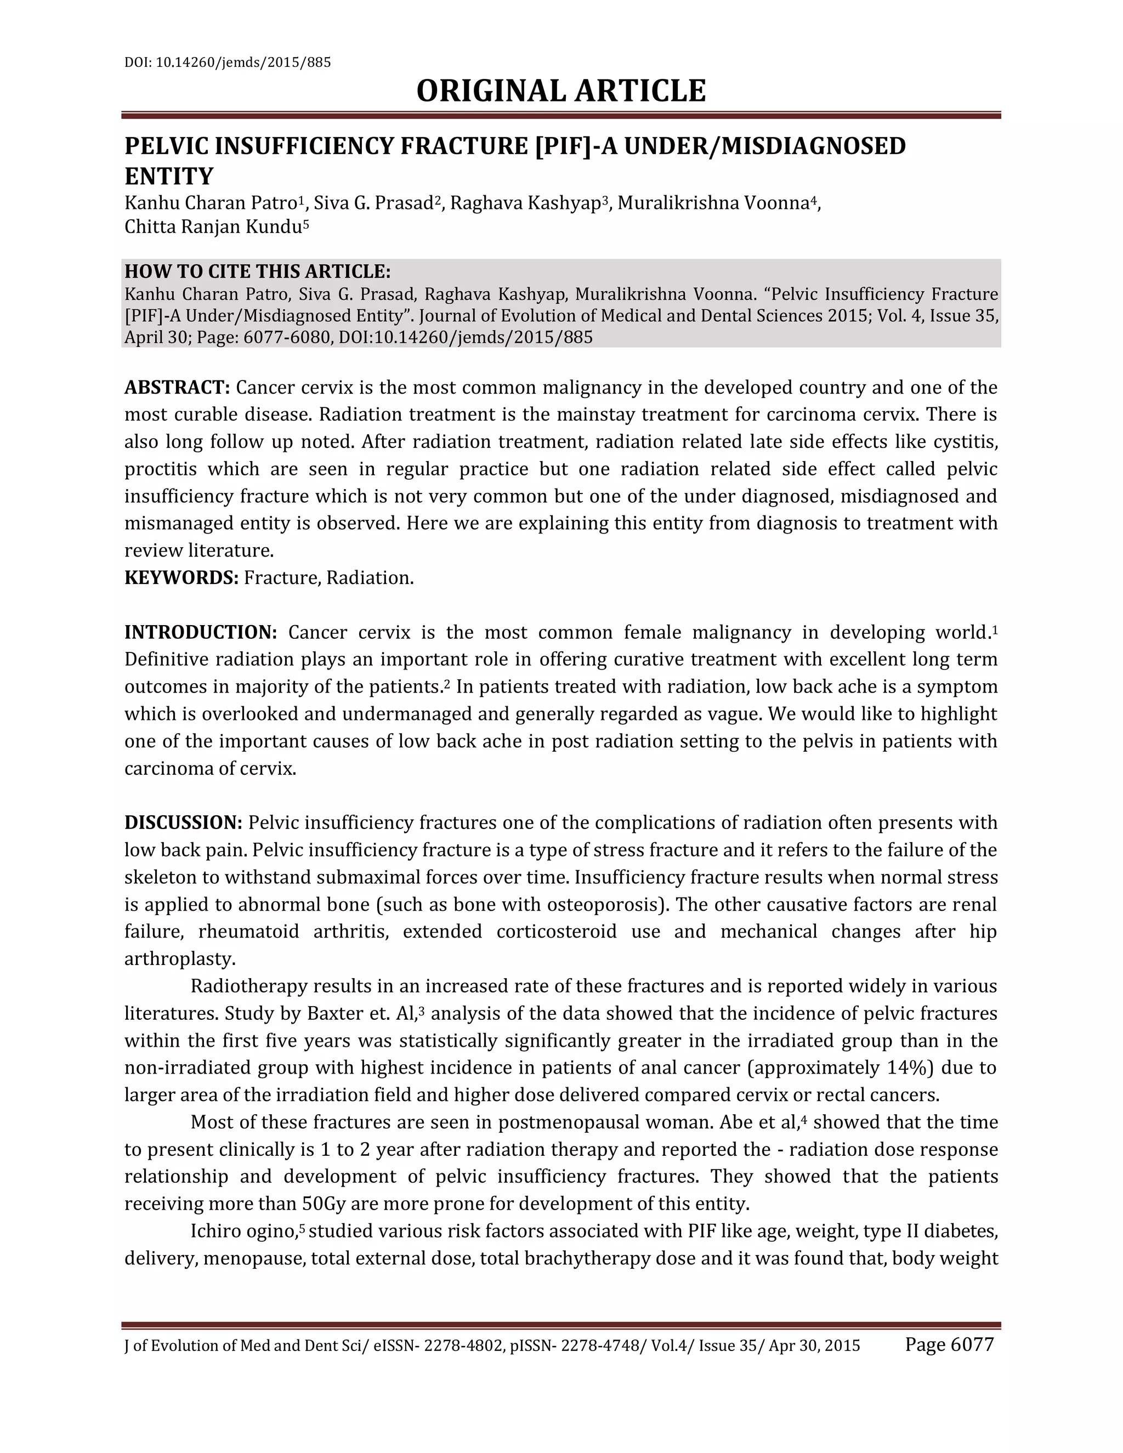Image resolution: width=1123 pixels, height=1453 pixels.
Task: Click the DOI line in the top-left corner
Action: click(x=228, y=63)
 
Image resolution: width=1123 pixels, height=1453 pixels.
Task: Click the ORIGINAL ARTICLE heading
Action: click(x=561, y=91)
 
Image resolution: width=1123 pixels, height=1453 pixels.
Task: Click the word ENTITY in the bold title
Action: click(x=169, y=177)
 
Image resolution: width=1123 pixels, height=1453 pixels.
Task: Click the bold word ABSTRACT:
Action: click(x=177, y=387)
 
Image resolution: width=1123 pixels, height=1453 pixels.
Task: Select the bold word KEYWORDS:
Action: click(x=181, y=577)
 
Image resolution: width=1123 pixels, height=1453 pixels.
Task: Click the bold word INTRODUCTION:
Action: click(x=200, y=632)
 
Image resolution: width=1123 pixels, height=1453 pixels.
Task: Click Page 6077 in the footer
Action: click(x=949, y=1344)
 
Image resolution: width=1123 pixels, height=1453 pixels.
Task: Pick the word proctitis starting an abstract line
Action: click(x=160, y=469)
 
